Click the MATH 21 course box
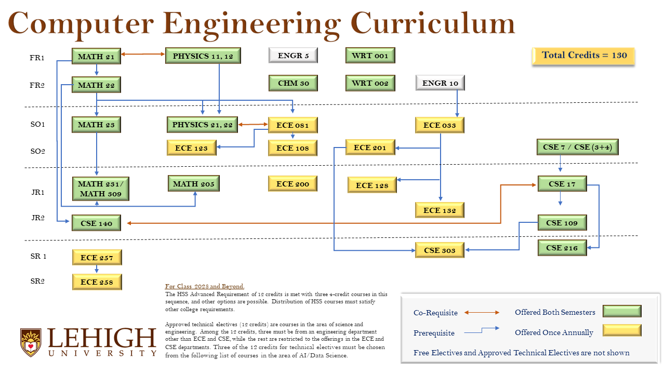(x=96, y=56)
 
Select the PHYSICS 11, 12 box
(x=203, y=56)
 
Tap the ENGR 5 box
(x=293, y=55)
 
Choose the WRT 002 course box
(x=370, y=83)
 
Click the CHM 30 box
(x=293, y=83)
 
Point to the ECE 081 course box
(x=292, y=125)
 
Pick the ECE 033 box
(x=440, y=125)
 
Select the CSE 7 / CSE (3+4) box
(x=577, y=147)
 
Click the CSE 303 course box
(x=440, y=250)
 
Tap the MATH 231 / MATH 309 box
(x=101, y=189)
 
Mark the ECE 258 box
(x=97, y=282)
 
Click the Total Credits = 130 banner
(x=583, y=56)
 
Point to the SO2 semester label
(x=37, y=151)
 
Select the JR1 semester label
(x=37, y=192)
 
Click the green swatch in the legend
(x=622, y=311)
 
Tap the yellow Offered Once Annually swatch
(x=622, y=330)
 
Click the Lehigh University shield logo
(x=31, y=342)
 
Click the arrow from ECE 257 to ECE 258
(x=97, y=269)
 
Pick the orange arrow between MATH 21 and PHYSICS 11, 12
(x=143, y=54)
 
